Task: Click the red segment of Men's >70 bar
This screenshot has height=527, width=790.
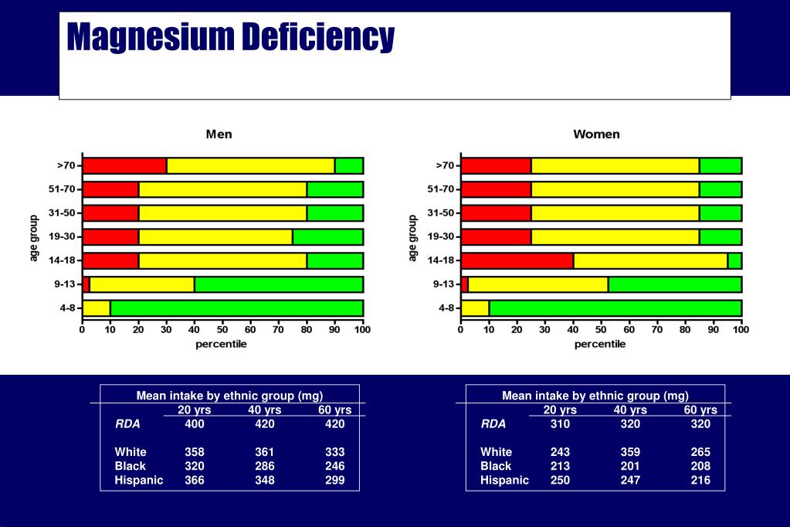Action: click(x=124, y=166)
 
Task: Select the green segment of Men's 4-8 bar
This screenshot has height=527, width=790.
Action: click(x=237, y=308)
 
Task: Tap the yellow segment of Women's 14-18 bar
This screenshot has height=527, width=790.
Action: click(x=650, y=260)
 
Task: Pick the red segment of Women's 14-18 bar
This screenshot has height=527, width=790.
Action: click(x=517, y=260)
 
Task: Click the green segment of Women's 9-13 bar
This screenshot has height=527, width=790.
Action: click(x=675, y=284)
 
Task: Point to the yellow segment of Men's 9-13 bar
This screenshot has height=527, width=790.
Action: click(x=142, y=284)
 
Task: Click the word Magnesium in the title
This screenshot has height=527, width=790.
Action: click(x=151, y=37)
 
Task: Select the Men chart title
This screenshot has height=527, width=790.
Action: click(x=219, y=134)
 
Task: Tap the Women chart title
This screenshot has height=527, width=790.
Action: click(x=596, y=134)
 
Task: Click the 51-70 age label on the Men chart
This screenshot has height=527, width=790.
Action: click(x=62, y=189)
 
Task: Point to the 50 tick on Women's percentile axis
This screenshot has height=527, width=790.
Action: click(x=601, y=330)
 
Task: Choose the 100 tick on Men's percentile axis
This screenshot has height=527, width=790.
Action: click(x=363, y=330)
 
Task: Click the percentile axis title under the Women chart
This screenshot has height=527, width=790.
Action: click(x=600, y=344)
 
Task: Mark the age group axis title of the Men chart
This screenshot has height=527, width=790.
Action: click(x=34, y=238)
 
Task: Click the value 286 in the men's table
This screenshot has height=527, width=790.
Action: click(x=265, y=466)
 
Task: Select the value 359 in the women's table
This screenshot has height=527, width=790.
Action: click(x=630, y=452)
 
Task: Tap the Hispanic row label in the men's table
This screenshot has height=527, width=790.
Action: click(x=138, y=480)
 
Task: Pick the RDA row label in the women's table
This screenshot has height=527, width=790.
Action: click(x=493, y=423)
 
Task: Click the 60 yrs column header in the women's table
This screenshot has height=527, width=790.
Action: click(x=700, y=410)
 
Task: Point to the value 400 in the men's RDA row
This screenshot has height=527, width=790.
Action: click(x=195, y=423)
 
